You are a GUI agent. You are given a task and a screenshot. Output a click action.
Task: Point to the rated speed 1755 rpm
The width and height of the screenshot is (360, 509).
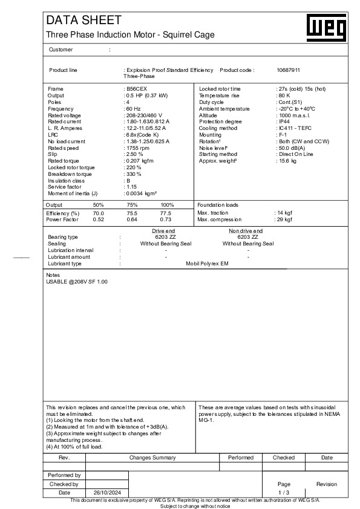click(x=138, y=148)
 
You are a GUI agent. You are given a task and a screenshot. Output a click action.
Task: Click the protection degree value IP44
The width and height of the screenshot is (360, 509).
click(x=283, y=122)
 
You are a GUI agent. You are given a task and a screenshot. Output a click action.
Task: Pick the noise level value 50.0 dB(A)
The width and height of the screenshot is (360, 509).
click(x=291, y=148)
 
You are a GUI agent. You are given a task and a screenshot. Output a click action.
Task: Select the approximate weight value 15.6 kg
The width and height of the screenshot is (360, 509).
click(x=287, y=161)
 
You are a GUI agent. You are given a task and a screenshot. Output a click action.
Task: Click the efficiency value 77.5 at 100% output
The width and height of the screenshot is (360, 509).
click(x=166, y=213)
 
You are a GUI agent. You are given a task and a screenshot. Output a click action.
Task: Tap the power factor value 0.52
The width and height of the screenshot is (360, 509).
click(x=98, y=219)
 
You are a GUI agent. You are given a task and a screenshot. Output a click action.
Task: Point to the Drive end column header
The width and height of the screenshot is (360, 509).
click(x=163, y=231)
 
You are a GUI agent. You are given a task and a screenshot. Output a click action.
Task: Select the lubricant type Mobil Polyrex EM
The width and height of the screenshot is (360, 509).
click(x=207, y=264)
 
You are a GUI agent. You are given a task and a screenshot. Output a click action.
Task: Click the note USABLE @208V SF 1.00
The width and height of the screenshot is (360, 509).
click(x=77, y=282)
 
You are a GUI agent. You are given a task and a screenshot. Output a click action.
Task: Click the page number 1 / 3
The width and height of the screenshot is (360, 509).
click(x=284, y=493)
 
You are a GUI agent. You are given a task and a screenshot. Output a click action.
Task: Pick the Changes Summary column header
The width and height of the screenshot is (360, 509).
click(x=152, y=458)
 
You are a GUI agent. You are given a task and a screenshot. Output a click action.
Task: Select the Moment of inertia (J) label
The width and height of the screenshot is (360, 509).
click(x=73, y=193)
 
